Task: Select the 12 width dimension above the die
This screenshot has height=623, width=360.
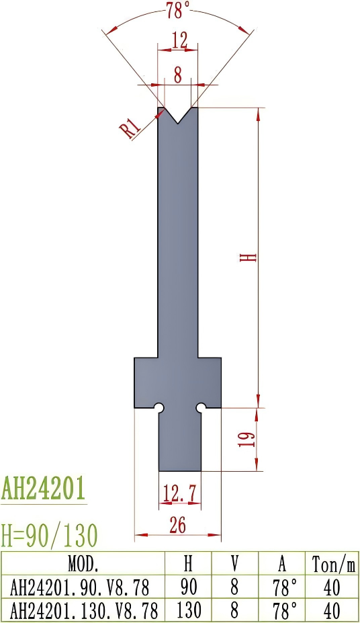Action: click(x=179, y=42)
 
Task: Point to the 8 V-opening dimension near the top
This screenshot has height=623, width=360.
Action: click(x=177, y=75)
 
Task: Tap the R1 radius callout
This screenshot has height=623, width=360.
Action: click(x=132, y=128)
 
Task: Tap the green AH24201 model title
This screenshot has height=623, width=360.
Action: click(x=44, y=489)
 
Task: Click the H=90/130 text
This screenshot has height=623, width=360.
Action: click(x=50, y=535)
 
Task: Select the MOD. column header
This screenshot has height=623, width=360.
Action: click(x=83, y=562)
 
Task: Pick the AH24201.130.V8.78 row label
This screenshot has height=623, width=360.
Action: click(x=83, y=611)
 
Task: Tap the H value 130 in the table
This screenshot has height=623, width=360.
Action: click(x=189, y=611)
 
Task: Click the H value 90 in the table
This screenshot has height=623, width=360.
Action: click(x=189, y=587)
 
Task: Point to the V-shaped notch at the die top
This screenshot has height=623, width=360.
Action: click(x=178, y=115)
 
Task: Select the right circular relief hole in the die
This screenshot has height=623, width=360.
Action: click(x=200, y=407)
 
